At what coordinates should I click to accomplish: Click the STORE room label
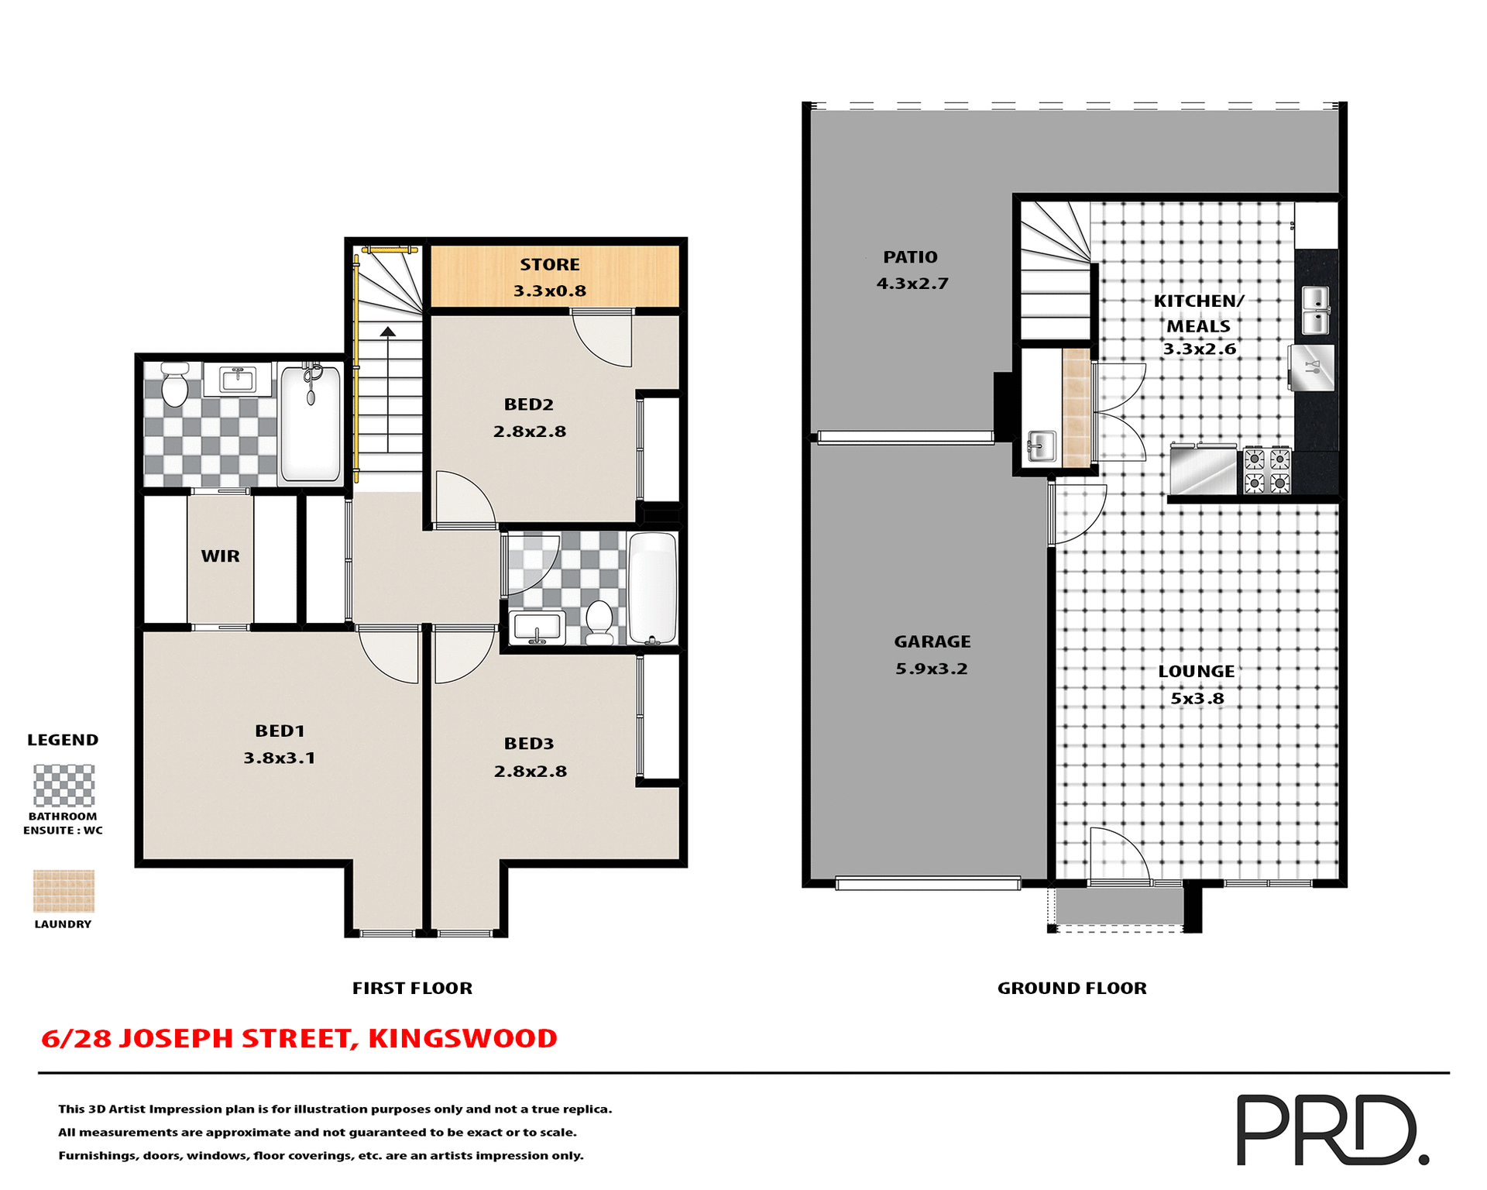(549, 265)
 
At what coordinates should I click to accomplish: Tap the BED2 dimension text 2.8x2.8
(530, 432)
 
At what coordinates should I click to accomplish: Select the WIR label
(220, 556)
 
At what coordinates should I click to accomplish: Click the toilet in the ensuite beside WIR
(175, 384)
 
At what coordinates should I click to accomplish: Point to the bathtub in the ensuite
(311, 425)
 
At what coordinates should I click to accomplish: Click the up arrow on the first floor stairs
(388, 332)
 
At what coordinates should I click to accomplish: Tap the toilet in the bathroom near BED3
(599, 622)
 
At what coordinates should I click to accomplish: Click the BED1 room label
(280, 731)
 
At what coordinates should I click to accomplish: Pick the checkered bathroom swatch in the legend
(64, 786)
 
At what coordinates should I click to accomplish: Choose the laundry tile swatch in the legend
(64, 890)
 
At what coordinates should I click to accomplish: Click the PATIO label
(910, 257)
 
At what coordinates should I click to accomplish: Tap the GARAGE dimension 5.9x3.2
(932, 669)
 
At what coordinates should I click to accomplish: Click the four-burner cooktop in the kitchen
(1267, 471)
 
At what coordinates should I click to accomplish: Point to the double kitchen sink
(1315, 310)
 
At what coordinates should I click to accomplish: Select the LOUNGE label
(1196, 672)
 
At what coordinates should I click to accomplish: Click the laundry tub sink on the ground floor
(1042, 447)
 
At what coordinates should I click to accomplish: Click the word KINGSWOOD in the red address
(462, 1038)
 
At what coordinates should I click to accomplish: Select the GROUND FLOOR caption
(1071, 988)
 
